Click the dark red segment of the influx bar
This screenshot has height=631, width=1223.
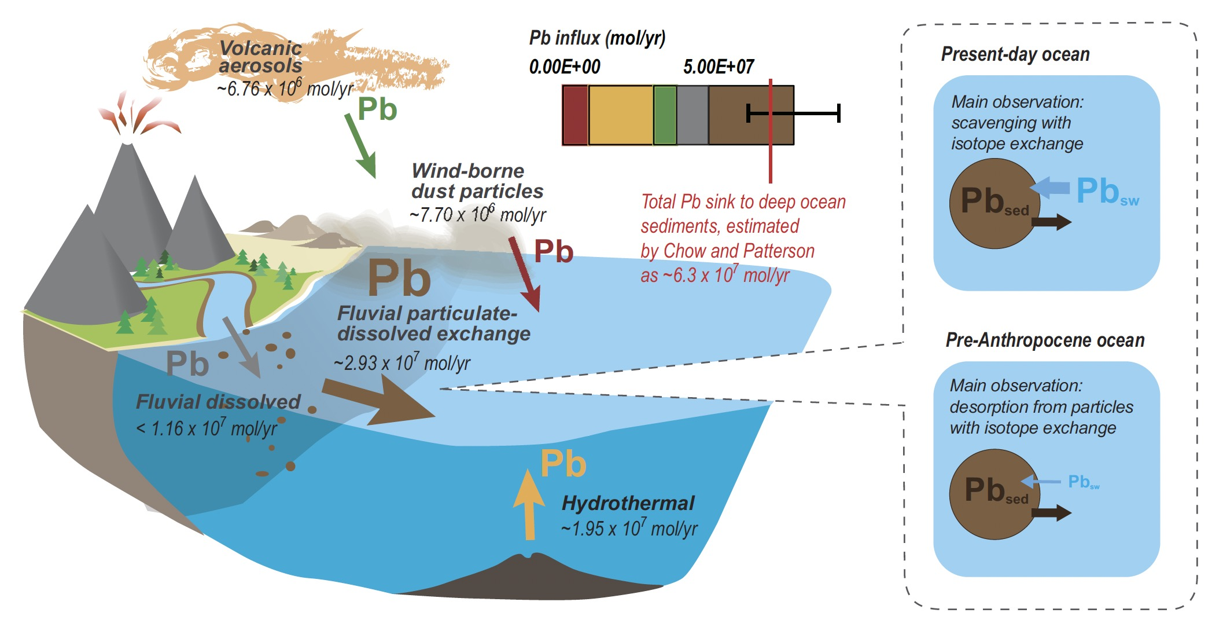coord(575,115)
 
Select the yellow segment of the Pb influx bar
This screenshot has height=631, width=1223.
coord(620,115)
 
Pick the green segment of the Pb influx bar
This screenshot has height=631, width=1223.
coord(665,115)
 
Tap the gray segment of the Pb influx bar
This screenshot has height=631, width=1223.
coord(692,115)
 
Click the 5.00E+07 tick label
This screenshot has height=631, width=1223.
coord(719,67)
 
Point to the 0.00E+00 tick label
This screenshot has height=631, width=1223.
coord(565,67)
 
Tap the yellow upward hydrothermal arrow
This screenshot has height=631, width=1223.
coord(529,504)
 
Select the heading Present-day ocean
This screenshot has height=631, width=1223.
coord(1015,54)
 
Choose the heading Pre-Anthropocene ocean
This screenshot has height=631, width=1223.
coord(1045,340)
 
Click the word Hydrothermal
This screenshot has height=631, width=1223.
coord(628,503)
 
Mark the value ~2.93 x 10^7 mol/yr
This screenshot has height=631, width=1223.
coord(402,363)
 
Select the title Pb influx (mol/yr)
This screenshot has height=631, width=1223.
coord(597,38)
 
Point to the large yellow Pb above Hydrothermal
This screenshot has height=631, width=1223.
coord(563,464)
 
